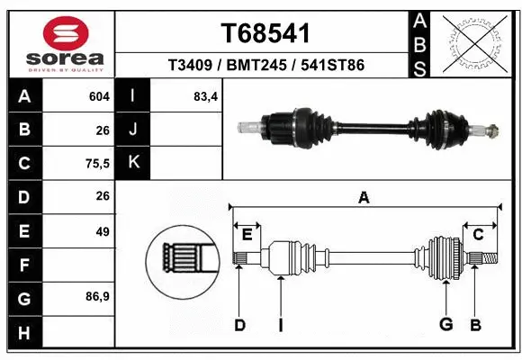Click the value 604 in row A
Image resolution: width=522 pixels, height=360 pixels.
[x=99, y=95]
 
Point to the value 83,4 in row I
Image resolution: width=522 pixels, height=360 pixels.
[x=205, y=95]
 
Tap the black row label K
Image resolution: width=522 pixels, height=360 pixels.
[x=133, y=163]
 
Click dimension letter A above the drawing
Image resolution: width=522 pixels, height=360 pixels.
[x=364, y=198]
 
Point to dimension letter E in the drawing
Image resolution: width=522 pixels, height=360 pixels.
[x=247, y=235]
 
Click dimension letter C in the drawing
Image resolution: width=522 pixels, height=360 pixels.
[x=478, y=235]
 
